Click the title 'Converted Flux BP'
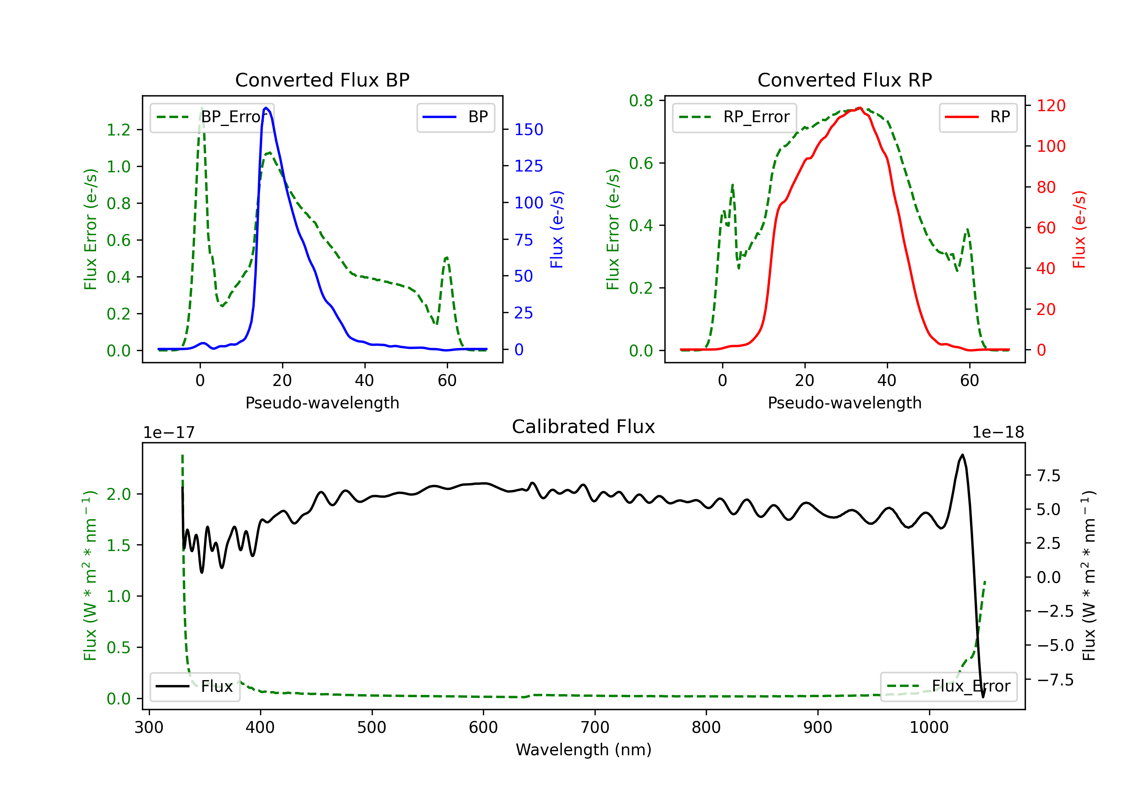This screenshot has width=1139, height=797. (322, 80)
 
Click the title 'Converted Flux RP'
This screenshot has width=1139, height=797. (844, 80)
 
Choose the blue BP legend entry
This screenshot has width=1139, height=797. (455, 117)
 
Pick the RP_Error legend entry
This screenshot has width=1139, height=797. (734, 117)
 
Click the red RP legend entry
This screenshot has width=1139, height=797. (978, 117)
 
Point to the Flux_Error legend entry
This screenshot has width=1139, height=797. (948, 687)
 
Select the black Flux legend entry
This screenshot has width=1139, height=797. (194, 687)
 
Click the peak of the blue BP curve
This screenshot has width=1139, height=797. (267, 108)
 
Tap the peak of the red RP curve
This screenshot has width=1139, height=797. (860, 108)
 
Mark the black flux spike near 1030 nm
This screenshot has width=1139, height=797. (962, 455)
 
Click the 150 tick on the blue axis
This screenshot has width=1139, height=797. (528, 129)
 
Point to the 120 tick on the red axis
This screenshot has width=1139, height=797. (1051, 106)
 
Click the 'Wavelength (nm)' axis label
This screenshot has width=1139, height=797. (584, 750)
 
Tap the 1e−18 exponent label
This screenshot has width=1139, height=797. (998, 433)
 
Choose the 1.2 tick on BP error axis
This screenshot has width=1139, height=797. (118, 130)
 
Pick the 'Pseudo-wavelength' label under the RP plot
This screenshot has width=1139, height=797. (844, 403)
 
